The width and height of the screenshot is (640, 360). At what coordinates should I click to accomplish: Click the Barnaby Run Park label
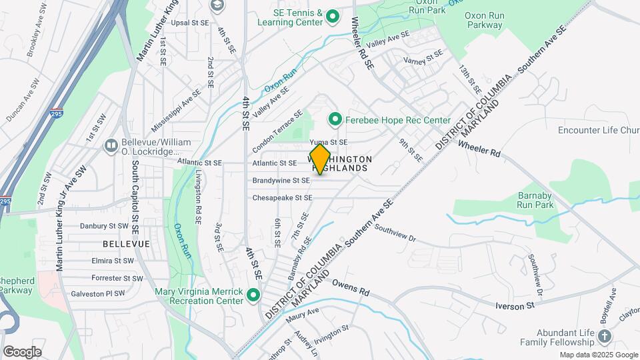pos(536,201)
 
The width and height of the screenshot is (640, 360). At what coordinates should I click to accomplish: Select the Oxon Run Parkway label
pos(483,19)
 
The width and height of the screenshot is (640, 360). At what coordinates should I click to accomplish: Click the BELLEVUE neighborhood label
pos(127,245)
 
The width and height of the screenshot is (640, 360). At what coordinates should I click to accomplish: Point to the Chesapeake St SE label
pos(282,198)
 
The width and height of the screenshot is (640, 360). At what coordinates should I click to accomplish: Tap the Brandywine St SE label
pos(281,181)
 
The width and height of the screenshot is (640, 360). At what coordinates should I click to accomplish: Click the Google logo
pos(22,352)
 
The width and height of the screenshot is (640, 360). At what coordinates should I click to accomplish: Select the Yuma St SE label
pos(329,143)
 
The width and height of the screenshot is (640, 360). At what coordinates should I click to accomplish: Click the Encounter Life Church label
pos(597,131)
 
